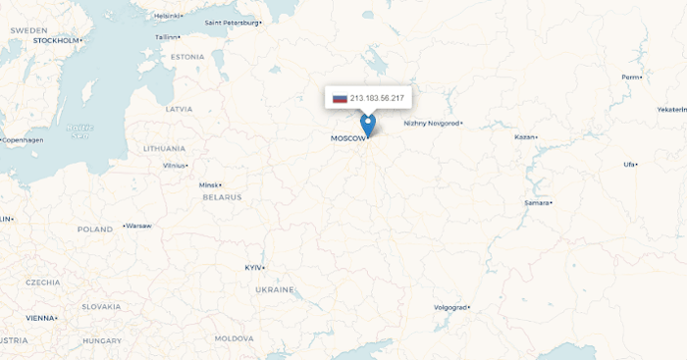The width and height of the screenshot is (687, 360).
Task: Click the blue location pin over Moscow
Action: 368,125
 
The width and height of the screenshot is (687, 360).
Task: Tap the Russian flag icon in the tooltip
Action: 340,98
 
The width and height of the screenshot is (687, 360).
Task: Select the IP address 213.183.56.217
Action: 377,98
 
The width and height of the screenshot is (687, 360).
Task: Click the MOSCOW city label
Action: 348,138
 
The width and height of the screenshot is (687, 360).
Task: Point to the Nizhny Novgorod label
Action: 431,124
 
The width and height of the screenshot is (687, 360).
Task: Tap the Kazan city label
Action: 525,136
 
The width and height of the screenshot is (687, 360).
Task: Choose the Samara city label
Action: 536,202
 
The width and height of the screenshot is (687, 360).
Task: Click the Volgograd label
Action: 451,307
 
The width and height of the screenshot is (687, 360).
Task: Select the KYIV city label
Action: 253,267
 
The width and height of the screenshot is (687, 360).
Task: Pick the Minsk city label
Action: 208,184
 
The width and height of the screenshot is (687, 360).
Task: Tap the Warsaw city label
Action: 138,226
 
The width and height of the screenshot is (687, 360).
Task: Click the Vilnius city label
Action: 174,166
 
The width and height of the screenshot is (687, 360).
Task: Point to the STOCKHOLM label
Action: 55,41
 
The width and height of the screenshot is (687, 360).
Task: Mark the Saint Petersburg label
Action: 232,22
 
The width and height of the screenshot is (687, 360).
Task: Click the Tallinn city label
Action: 166,37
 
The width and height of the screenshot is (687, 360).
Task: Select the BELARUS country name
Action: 222,197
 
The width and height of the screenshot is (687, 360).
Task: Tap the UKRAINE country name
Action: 274,289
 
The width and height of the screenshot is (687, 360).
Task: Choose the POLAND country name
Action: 95,230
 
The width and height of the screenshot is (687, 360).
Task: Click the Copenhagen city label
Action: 24,140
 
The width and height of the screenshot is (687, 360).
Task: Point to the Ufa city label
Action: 628,164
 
